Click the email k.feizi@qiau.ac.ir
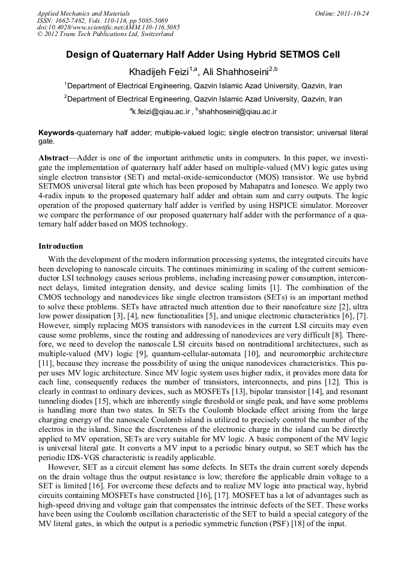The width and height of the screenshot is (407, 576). [161, 112]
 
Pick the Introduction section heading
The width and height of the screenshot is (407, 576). [61, 246]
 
